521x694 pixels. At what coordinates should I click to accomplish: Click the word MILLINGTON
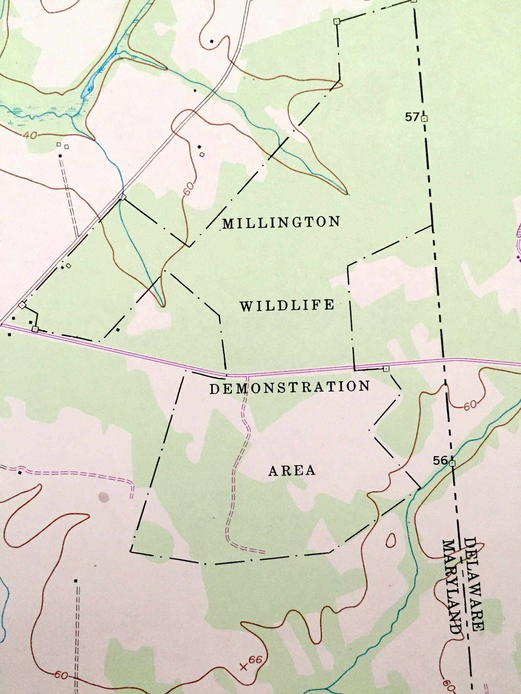pyautogui.click(x=281, y=223)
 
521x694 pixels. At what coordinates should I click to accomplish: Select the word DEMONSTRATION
pyautogui.click(x=290, y=387)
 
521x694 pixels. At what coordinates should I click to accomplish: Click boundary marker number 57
pyautogui.click(x=413, y=117)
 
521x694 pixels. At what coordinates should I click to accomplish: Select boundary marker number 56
pyautogui.click(x=440, y=461)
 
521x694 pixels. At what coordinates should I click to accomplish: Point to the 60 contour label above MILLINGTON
pyautogui.click(x=188, y=189)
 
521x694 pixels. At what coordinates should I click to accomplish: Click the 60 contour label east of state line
pyautogui.click(x=470, y=405)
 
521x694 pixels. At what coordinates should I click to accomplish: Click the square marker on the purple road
pyautogui.click(x=386, y=369)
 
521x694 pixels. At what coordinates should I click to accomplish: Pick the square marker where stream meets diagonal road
pyautogui.click(x=122, y=197)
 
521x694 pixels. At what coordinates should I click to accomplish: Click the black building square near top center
pyautogui.click(x=212, y=41)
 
